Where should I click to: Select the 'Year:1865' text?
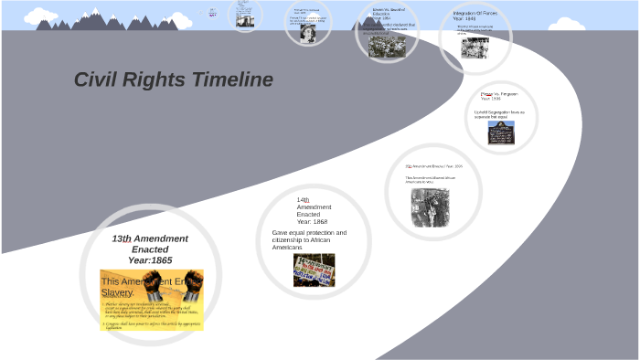coord(150,260)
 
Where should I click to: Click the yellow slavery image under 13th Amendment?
coord(152,300)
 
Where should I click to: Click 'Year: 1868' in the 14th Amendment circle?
coord(312,222)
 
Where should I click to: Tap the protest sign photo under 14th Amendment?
coord(314,270)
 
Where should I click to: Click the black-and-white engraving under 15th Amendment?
coord(429,206)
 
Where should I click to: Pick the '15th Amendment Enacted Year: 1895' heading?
coord(434,166)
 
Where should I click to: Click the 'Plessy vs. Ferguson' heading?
coord(498,95)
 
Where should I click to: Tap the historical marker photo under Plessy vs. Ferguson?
coord(501,133)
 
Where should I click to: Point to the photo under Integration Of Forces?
coord(475,47)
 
